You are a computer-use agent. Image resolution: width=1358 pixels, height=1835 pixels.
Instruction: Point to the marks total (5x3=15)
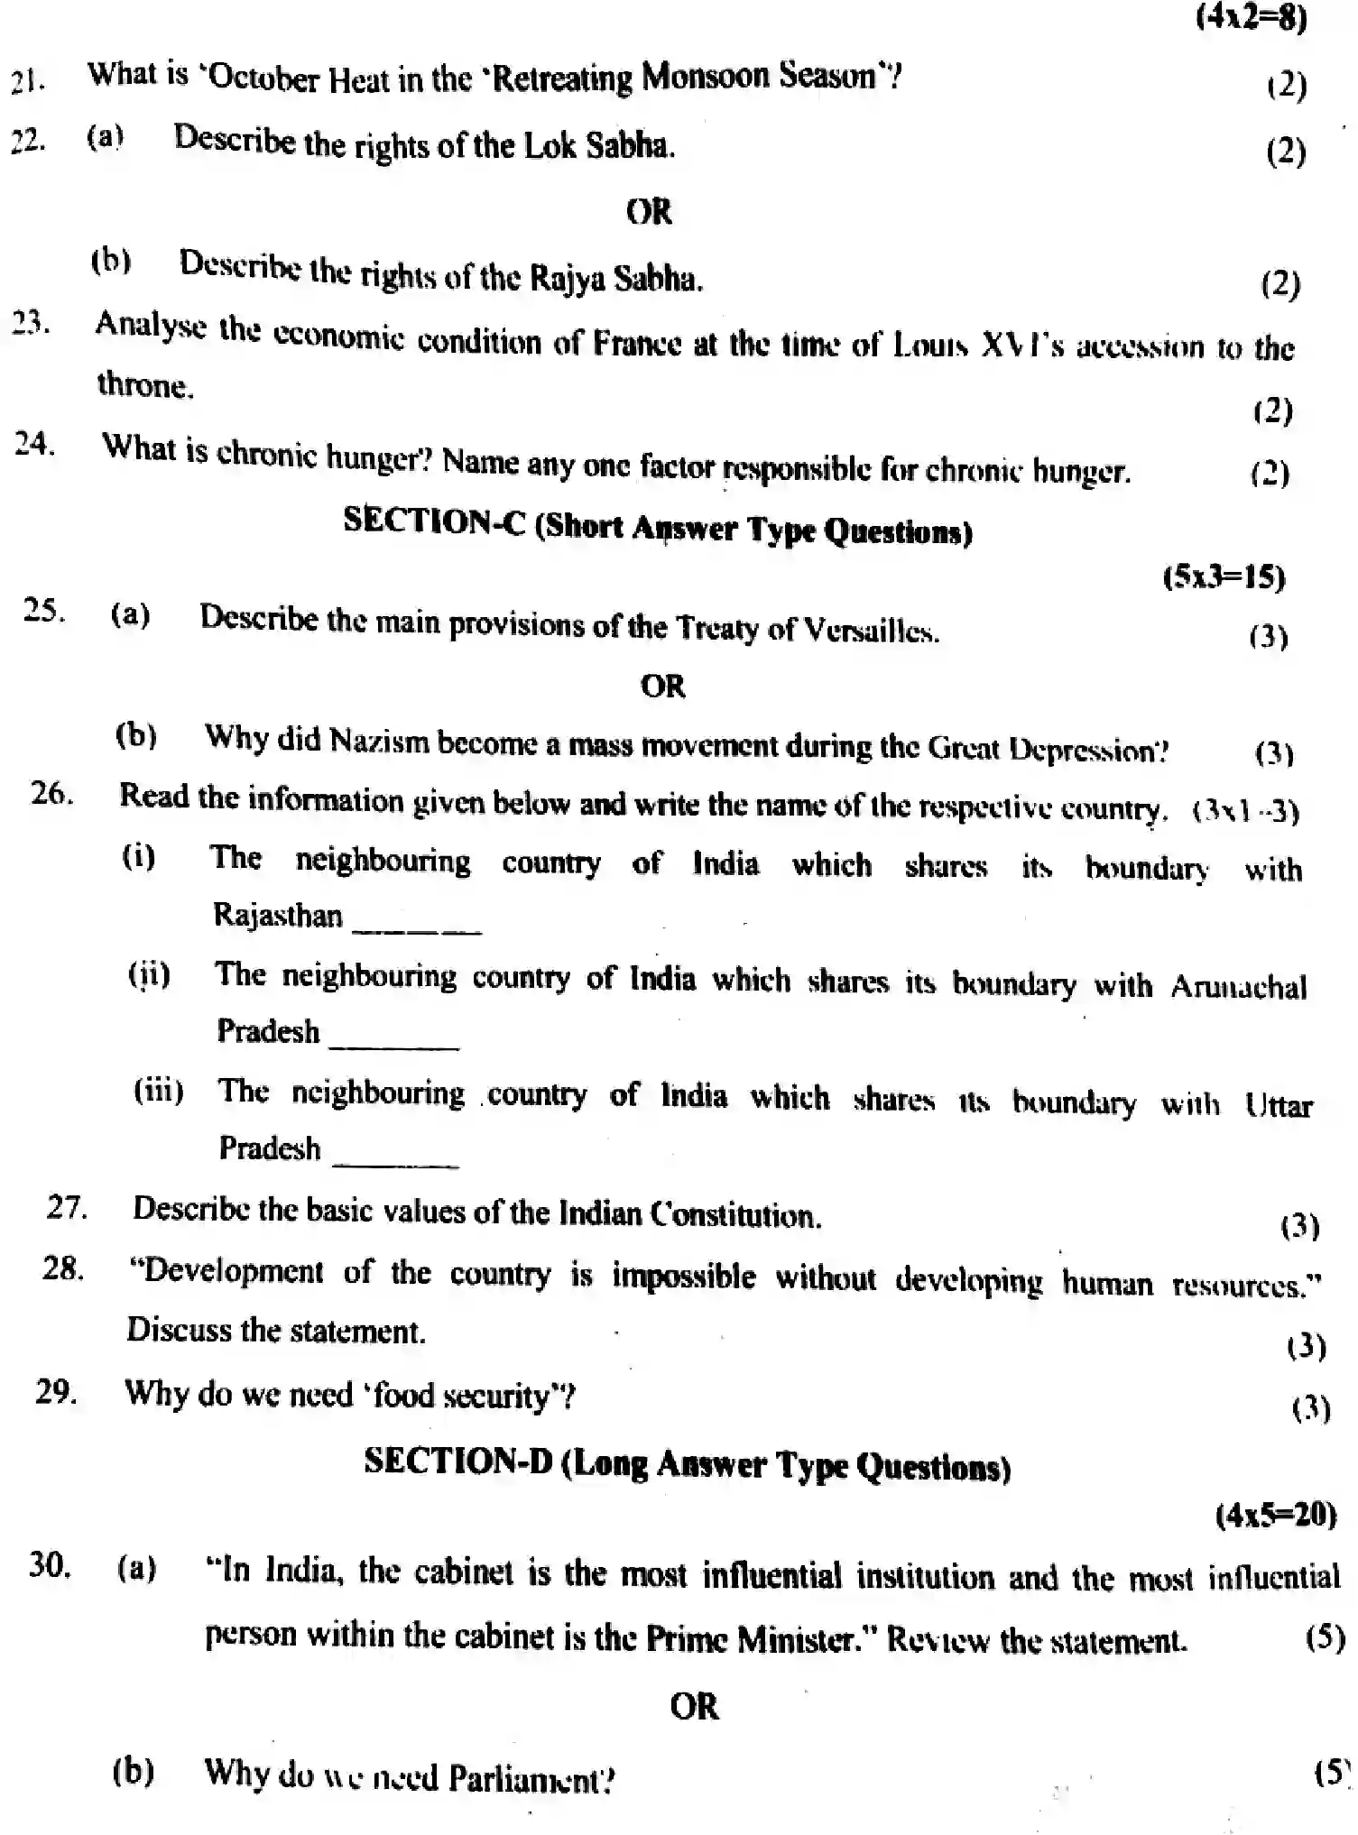point(1224,577)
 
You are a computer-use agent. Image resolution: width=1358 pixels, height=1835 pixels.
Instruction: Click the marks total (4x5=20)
point(1276,1515)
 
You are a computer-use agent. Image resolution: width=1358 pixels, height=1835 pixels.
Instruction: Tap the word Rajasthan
point(278,916)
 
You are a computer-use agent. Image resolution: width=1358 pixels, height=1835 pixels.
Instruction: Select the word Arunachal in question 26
point(1238,986)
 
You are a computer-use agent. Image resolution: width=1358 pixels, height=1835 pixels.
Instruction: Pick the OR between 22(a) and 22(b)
point(649,213)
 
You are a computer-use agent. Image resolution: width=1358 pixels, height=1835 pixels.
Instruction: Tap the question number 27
point(67,1207)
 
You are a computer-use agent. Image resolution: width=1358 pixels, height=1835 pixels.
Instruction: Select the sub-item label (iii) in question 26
point(159,1092)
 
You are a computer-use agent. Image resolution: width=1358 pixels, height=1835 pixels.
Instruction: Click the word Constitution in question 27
point(734,1215)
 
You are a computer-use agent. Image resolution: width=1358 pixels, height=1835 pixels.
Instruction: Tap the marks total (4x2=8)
point(1251,16)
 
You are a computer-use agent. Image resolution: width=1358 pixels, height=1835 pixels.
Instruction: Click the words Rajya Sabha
point(614,278)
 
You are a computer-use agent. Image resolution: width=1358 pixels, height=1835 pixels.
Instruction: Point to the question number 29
point(56,1392)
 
